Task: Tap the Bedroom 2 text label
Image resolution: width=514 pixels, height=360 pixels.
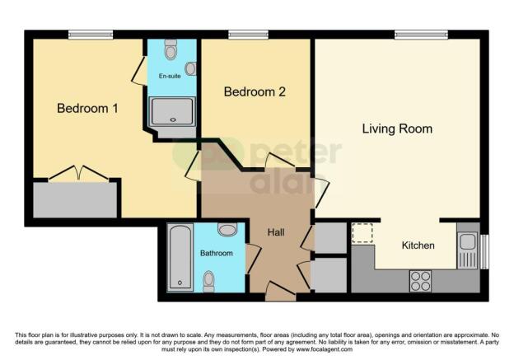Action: coord(255,92)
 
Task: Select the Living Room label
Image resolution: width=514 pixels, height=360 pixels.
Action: coord(397,129)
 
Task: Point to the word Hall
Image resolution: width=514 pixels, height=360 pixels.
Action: coord(277,232)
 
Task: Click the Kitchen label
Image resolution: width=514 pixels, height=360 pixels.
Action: coord(418,245)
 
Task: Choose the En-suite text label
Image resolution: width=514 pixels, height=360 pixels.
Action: coord(170,76)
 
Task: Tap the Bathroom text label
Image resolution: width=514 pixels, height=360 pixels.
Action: coord(216,253)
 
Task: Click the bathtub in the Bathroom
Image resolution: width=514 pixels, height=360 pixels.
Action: coord(180,258)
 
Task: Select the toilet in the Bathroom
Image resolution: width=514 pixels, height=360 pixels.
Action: coord(209,279)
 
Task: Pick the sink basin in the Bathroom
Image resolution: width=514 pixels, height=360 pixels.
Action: coord(227,229)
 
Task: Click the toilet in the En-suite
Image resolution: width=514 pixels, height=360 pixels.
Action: coord(171,51)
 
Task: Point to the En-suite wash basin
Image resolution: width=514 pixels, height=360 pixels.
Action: coord(190,69)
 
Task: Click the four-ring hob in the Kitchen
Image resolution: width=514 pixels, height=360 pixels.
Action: coord(420,280)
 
